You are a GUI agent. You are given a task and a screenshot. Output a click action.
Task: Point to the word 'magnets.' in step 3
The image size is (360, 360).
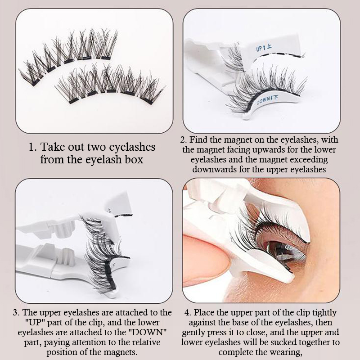coord(121,352)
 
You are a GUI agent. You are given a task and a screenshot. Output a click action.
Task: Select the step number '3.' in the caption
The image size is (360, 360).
coord(16,312)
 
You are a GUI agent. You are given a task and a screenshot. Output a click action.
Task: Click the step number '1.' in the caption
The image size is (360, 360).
coord(32,147)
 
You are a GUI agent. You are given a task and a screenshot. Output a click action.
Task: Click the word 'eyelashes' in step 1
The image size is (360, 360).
coord(132,147)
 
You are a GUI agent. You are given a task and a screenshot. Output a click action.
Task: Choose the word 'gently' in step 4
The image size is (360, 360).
coord(193,333)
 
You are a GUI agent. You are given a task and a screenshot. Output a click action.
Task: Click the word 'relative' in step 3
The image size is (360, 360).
coord(144,342)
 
